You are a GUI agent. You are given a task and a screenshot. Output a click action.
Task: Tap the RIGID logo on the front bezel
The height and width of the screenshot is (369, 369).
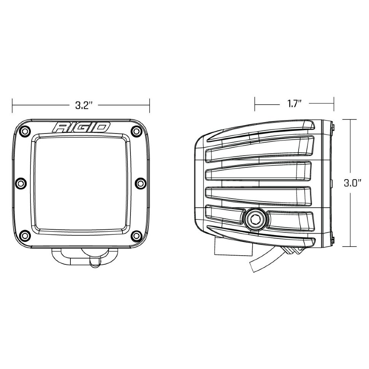point(81,127)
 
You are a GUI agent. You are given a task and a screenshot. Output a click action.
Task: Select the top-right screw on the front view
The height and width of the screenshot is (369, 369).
point(136,131)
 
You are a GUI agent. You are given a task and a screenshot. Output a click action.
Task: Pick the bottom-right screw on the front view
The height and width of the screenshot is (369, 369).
point(136,235)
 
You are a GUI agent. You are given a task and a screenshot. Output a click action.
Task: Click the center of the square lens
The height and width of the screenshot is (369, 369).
point(81,183)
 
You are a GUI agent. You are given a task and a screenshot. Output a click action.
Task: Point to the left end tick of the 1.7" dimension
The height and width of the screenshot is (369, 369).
point(255,103)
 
